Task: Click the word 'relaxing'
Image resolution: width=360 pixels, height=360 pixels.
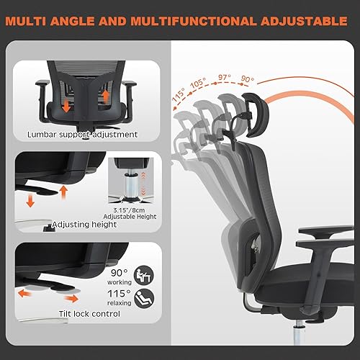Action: click(120, 303)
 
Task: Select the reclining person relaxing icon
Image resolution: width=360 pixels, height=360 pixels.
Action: click(144, 295)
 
